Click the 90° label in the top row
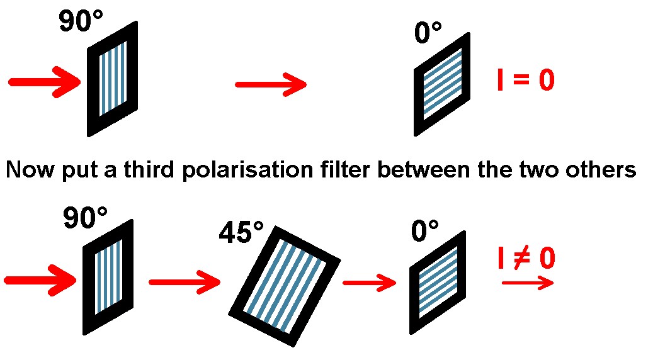pos(81,21)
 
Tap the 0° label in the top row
pos(428,33)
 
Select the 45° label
pos(241,232)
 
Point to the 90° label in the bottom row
pos(86,218)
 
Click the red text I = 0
pos(526,80)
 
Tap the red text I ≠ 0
pos(527,258)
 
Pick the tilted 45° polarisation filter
pos(285,286)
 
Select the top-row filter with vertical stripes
pos(113,79)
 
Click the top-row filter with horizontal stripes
pos(442,84)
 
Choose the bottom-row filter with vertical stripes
pos(108,277)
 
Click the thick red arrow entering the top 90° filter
pos(45,82)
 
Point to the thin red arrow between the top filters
pos(271,84)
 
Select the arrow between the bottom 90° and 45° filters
pos(185,282)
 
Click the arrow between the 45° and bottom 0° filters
pos(370,283)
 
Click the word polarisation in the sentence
pos(248,171)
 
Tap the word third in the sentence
pos(149,169)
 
